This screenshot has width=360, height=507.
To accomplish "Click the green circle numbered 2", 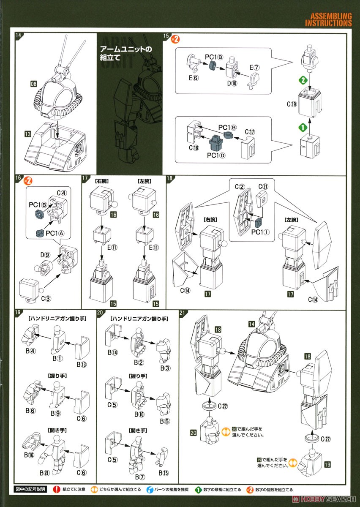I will coord(302,79).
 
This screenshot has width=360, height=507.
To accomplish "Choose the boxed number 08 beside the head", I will coord(34,84).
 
